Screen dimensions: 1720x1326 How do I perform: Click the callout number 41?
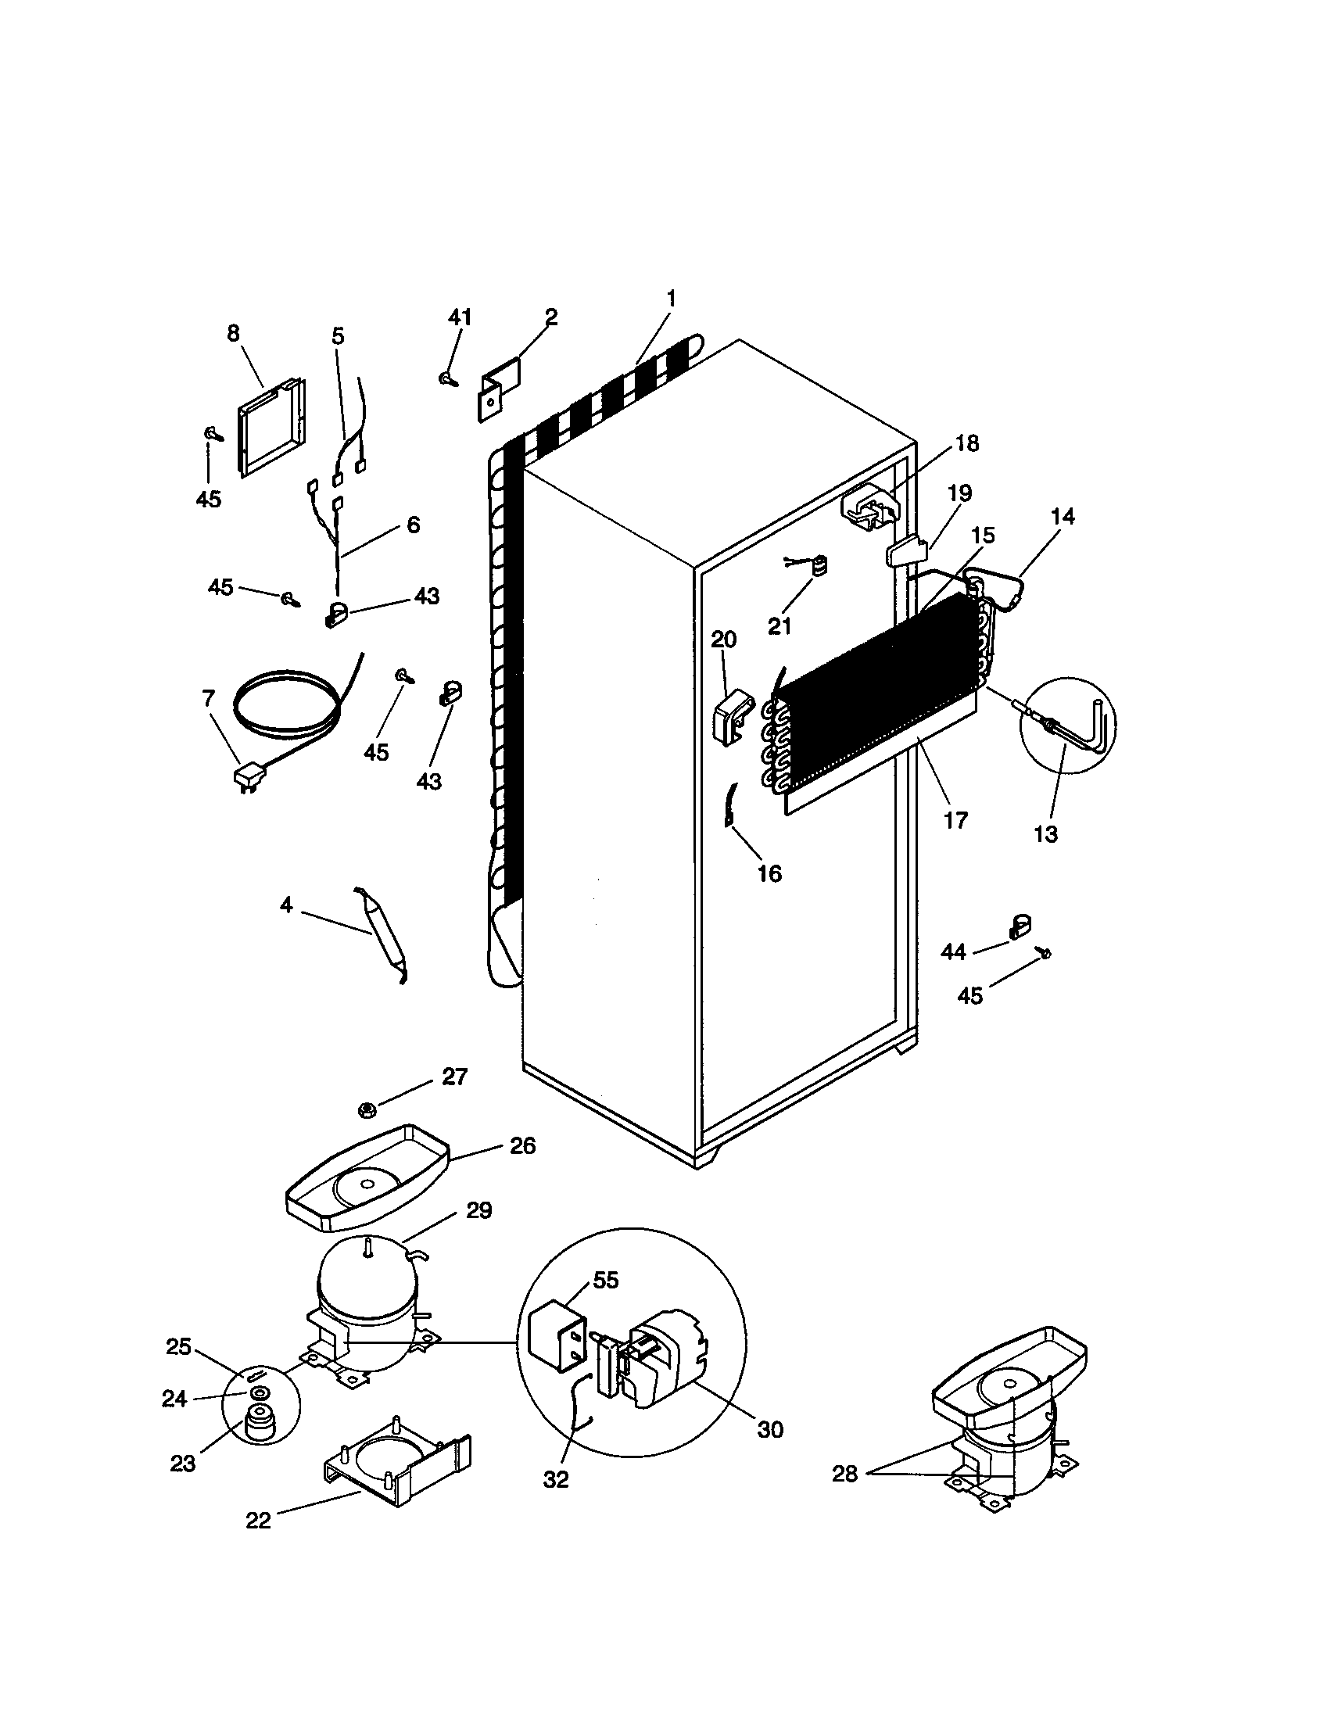point(460,317)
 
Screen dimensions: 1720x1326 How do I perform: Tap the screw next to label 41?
point(448,379)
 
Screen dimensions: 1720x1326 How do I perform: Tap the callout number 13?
point(1045,834)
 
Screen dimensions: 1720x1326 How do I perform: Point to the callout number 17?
point(955,821)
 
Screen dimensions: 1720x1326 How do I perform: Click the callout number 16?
point(769,873)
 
